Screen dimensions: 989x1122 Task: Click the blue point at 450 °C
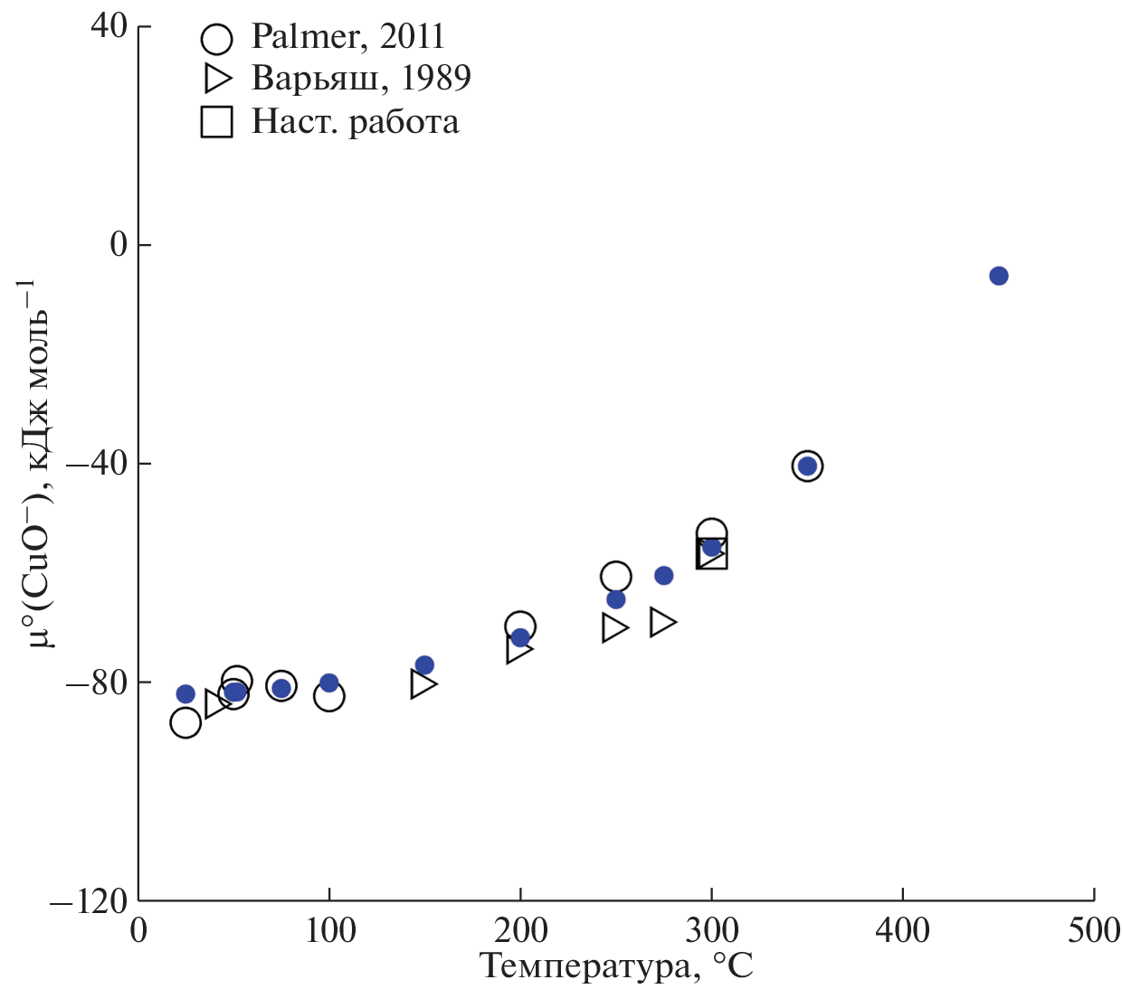tap(998, 276)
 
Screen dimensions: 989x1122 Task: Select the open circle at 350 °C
tap(807, 466)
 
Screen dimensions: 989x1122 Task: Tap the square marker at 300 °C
tap(712, 553)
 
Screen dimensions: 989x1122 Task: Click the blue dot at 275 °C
tap(664, 575)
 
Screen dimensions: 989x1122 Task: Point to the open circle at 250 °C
tap(615, 576)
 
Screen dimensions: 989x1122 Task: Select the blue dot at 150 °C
tap(424, 665)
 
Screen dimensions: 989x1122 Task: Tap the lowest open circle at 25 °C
tap(185, 722)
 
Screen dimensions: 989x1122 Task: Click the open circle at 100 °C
tap(328, 696)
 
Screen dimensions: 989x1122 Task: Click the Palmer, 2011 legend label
tap(348, 37)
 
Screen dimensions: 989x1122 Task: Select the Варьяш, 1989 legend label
tap(361, 79)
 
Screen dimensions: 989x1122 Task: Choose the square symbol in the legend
tap(216, 121)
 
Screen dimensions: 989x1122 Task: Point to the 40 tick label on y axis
tap(109, 26)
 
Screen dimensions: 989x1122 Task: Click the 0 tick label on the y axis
tap(119, 245)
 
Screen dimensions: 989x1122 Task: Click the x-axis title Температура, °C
tap(616, 966)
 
